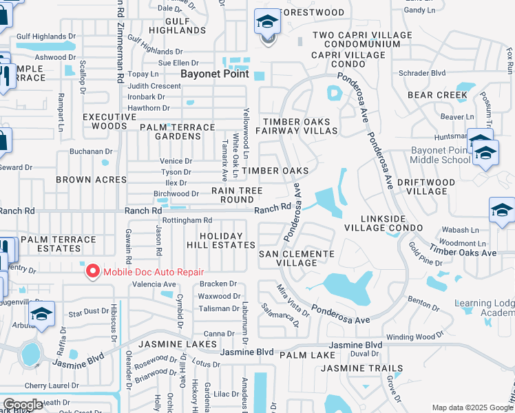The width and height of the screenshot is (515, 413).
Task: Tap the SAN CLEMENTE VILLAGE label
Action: [296, 258]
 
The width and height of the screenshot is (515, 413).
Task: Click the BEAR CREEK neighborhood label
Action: [437, 95]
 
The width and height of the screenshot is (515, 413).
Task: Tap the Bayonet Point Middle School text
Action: [440, 155]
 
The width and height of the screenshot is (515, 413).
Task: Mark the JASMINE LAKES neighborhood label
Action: [178, 343]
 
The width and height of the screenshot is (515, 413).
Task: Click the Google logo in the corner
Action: [23, 405]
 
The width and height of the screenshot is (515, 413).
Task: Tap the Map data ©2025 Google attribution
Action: [472, 407]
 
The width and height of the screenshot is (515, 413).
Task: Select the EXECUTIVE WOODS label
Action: [105, 122]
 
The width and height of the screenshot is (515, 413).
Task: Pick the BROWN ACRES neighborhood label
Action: [92, 180]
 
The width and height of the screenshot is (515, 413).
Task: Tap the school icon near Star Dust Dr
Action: [42, 315]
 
